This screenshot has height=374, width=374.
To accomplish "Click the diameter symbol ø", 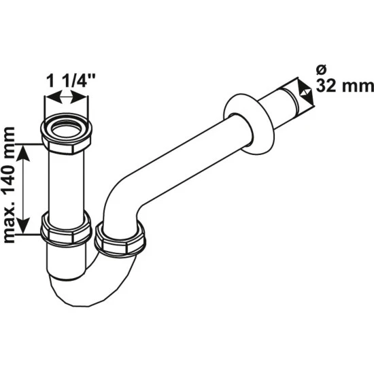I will (322, 69).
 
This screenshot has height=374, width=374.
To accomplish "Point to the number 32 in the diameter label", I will (328, 86).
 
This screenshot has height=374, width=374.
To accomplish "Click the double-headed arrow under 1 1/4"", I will (67, 101).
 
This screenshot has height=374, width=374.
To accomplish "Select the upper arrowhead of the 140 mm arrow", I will (25, 151).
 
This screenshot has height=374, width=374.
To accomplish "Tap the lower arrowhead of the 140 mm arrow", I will (25, 228).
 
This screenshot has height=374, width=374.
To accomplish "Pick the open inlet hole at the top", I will (67, 128).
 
